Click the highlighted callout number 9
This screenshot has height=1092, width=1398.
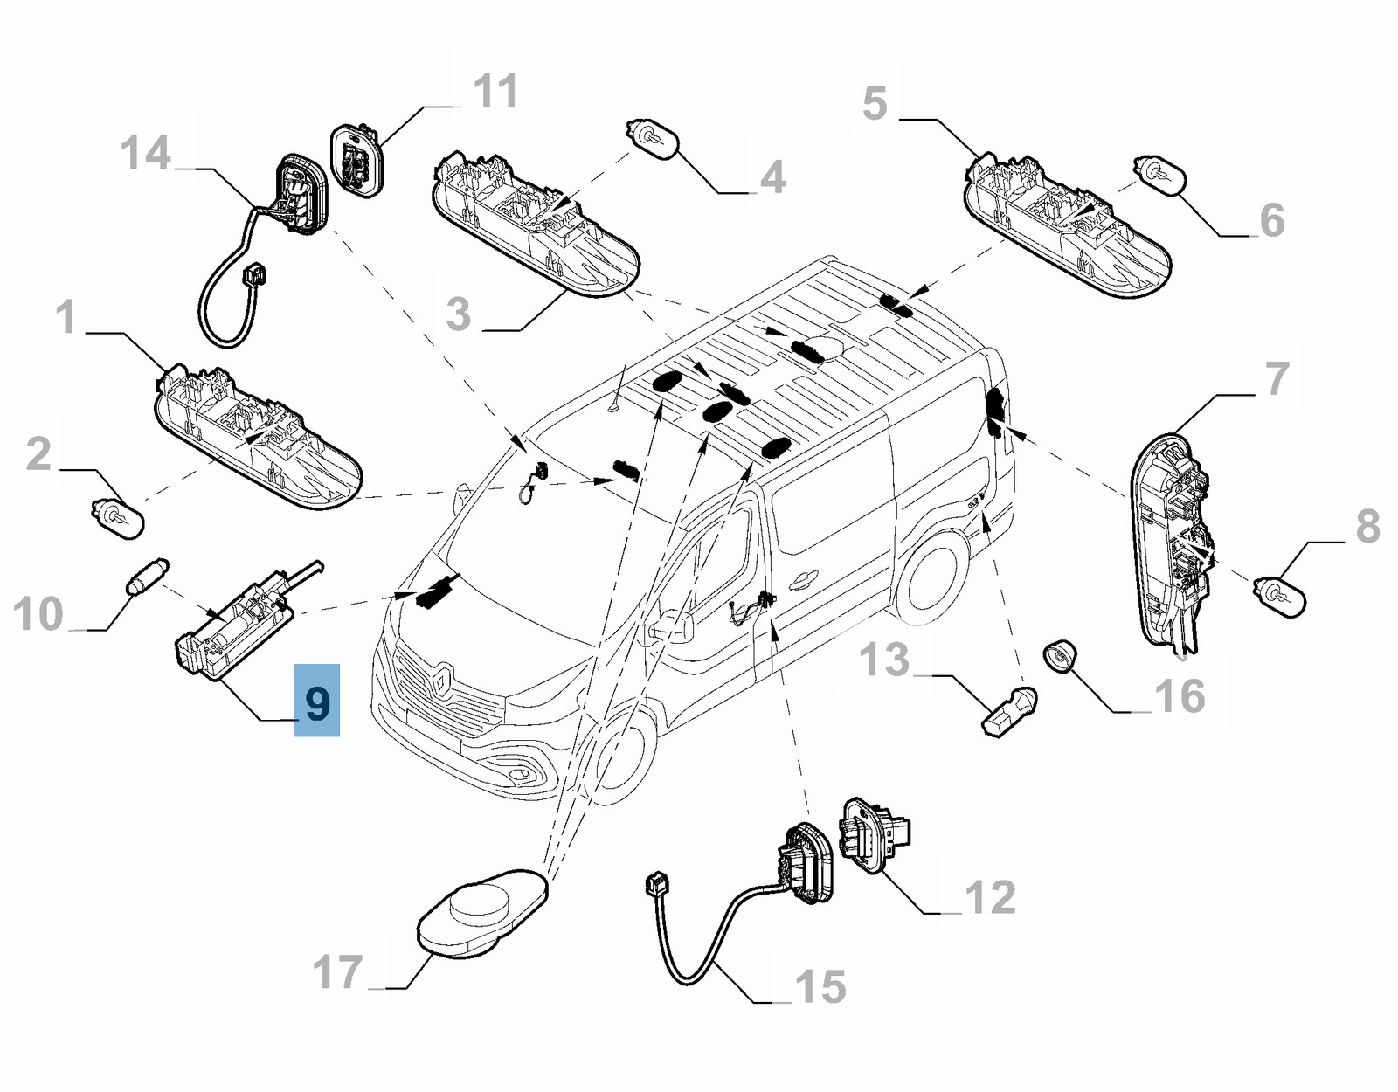pyautogui.click(x=316, y=701)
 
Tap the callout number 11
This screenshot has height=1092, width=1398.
pyautogui.click(x=495, y=91)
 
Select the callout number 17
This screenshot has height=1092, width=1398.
pyautogui.click(x=337, y=971)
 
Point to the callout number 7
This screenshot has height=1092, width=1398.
pyautogui.click(x=1277, y=378)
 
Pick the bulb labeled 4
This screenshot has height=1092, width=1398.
pyautogui.click(x=652, y=139)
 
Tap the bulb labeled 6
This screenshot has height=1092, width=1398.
pyautogui.click(x=1159, y=174)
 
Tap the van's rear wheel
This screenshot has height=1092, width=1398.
pyautogui.click(x=933, y=581)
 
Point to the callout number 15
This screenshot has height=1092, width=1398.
pyautogui.click(x=820, y=987)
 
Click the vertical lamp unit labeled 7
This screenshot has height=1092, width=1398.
pyautogui.click(x=1171, y=542)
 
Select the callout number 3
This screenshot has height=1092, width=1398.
pyautogui.click(x=458, y=314)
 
